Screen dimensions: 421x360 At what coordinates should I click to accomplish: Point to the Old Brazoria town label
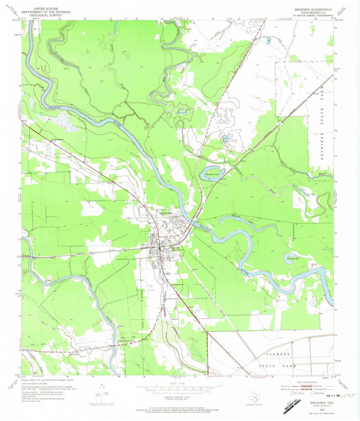coord(166,213)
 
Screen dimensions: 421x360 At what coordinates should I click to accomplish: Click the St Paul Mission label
coord(57,139)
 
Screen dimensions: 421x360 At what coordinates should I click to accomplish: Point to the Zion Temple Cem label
coord(84,347)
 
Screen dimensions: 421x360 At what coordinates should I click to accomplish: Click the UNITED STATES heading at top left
coord(46,9)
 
